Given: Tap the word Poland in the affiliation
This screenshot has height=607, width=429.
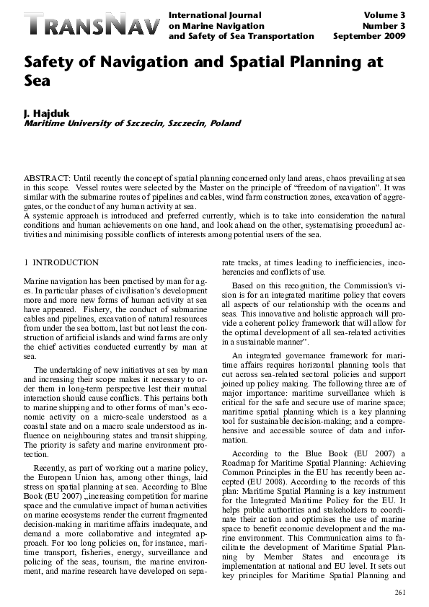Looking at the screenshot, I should pyautogui.click(x=225, y=123).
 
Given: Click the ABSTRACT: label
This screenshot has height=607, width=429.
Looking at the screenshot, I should pyautogui.click(x=47, y=177).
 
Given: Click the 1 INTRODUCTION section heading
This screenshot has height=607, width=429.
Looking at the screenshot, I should pyautogui.click(x=61, y=262).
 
